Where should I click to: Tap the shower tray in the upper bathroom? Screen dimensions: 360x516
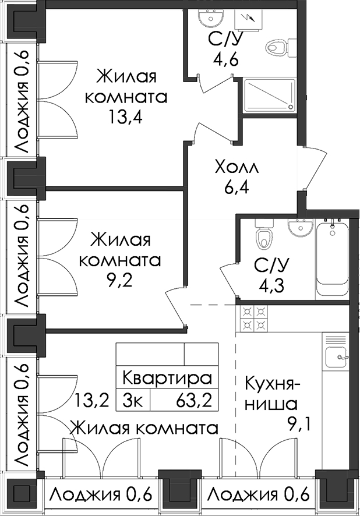(270, 96)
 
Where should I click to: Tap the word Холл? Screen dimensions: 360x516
(237, 168)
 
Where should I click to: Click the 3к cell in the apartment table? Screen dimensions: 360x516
(133, 401)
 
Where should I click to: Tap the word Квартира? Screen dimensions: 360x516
(167, 379)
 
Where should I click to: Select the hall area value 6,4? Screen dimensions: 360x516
(237, 188)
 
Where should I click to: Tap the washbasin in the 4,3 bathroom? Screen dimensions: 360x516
(300, 227)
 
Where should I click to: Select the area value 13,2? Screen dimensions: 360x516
(91, 401)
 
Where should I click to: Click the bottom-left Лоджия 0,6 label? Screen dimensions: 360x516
(102, 494)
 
